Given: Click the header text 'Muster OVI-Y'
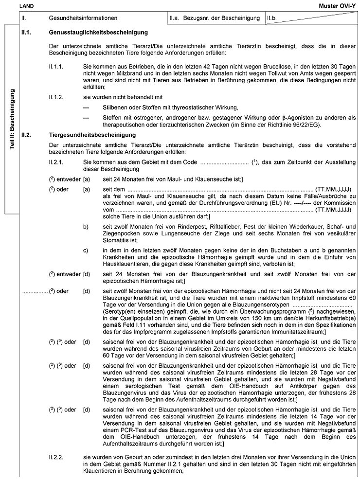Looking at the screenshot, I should pos(340,5).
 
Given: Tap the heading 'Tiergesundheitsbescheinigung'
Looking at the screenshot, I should pos(92,134).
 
